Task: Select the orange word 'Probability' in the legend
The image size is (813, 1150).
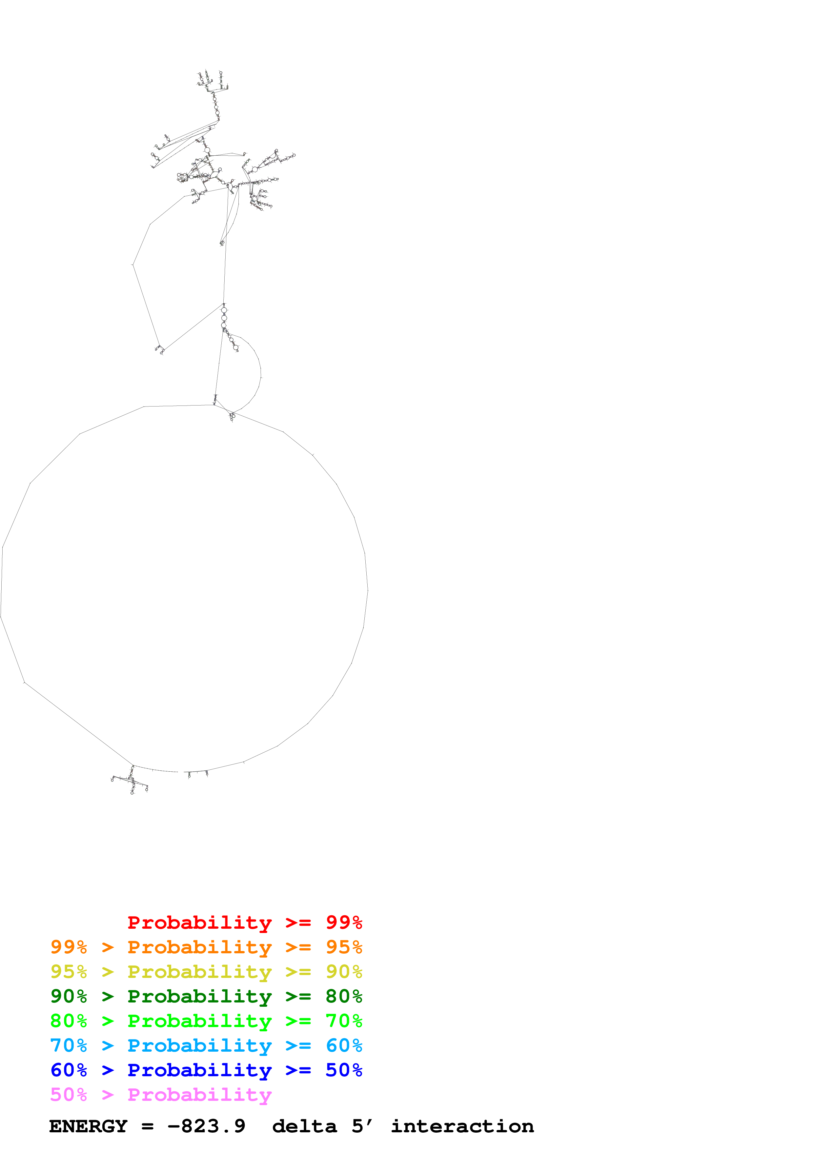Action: (199, 947)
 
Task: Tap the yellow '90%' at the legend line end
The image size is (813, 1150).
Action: (344, 971)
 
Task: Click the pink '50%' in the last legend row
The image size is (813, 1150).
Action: (69, 1094)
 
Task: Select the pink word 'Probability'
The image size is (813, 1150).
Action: (199, 1094)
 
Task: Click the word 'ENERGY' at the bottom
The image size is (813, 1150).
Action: (88, 1126)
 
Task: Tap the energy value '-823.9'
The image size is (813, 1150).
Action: (206, 1126)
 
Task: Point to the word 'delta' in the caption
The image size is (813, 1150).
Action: (304, 1126)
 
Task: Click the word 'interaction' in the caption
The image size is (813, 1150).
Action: (462, 1126)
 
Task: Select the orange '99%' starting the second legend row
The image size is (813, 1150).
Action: (69, 947)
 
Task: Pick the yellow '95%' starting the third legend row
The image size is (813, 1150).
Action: (69, 971)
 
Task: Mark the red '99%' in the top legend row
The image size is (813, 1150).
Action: (344, 922)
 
